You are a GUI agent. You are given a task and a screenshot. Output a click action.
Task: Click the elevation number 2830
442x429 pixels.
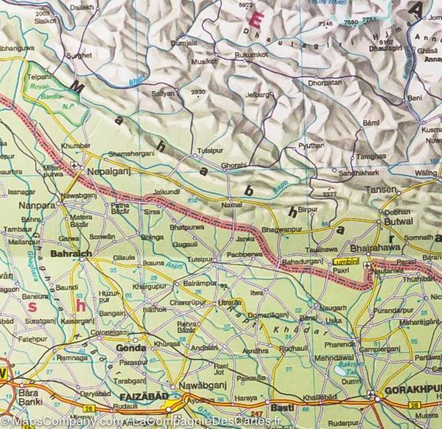(x=197, y=91)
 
